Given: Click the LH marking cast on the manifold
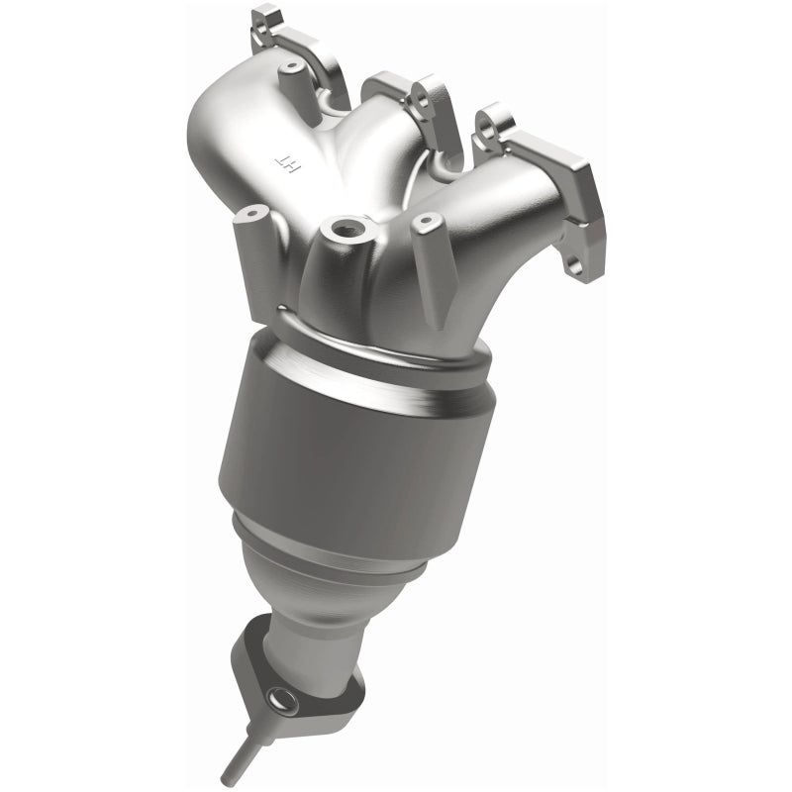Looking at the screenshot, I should click(285, 157).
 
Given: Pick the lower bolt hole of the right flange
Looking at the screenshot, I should click(573, 266).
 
